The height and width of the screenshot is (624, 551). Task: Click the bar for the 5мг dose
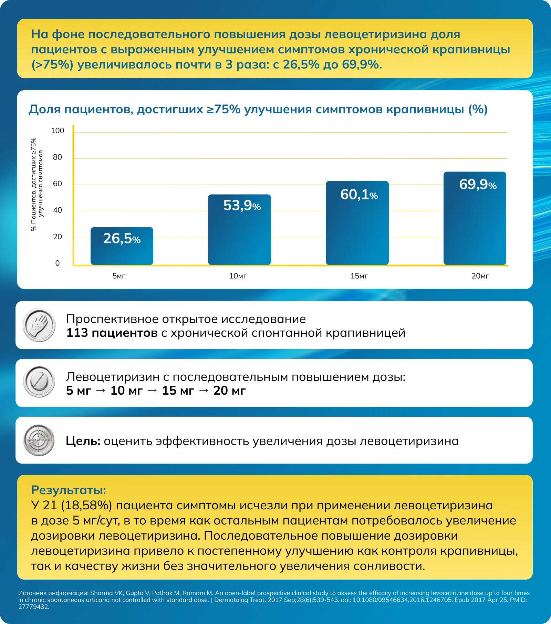[122, 246]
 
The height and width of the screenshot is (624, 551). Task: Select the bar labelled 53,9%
[239, 230]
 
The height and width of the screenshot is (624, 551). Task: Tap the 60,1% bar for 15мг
[357, 223]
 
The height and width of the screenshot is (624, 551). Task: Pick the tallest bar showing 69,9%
[475, 218]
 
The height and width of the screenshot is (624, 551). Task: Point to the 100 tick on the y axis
[58, 131]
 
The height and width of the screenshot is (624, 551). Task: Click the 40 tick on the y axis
[58, 210]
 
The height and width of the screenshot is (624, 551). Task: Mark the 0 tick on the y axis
[58, 263]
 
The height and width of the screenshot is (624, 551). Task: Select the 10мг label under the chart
[238, 276]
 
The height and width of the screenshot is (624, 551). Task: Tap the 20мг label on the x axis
[480, 276]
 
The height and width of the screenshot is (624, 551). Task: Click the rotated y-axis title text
[37, 184]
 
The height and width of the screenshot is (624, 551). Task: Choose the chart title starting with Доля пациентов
[258, 109]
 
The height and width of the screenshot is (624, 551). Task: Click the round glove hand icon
[39, 325]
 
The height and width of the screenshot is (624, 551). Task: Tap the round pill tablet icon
[39, 382]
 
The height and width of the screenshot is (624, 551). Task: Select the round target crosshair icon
[39, 440]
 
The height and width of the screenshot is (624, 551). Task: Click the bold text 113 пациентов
[112, 333]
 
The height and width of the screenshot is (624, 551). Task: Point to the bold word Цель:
[83, 441]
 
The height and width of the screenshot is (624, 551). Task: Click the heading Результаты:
[69, 490]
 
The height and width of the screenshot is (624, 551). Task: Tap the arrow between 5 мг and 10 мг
[101, 391]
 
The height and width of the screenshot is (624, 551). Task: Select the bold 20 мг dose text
[230, 391]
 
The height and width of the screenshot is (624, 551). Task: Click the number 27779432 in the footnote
[34, 607]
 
